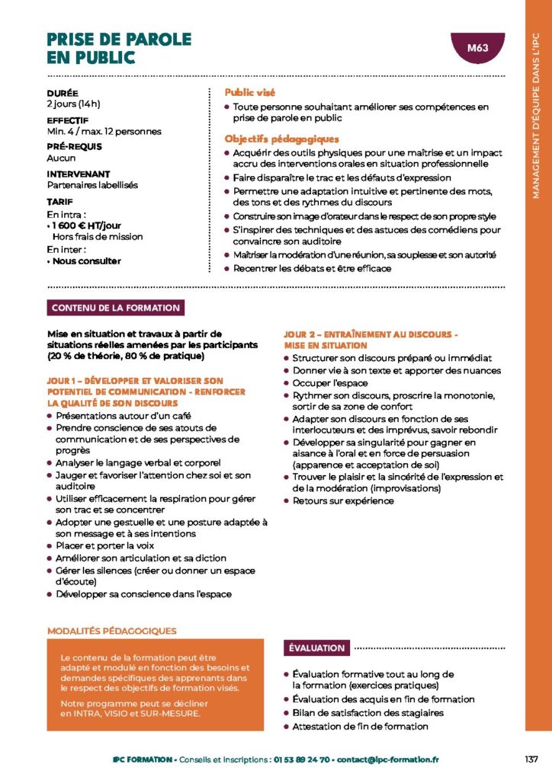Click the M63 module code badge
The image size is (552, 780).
coord(477,48)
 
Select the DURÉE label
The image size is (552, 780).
coord(62,93)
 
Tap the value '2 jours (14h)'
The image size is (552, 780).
coord(73,104)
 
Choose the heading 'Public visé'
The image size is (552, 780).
coord(249,92)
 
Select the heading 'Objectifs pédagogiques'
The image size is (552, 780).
coord(281,139)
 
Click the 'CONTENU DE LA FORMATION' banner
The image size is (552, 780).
coord(116,308)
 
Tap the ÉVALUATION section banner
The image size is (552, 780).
coord(316,647)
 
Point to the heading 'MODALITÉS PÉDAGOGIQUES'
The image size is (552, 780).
coord(112,631)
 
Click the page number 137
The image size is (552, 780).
coord(531,759)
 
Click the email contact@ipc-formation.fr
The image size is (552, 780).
coord(389,759)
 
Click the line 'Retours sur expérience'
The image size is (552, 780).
coord(343,500)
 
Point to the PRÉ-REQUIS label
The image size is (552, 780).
coord(74,146)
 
